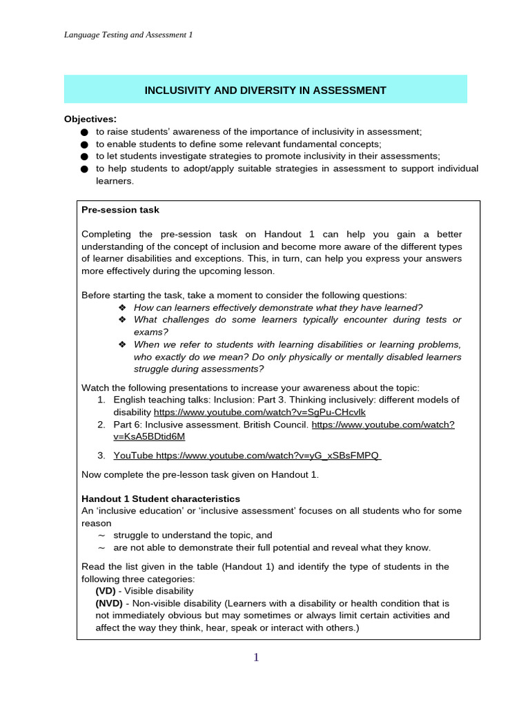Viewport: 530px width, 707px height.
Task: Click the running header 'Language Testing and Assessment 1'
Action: point(128,35)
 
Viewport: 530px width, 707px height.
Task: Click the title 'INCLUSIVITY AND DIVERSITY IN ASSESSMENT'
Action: point(265,90)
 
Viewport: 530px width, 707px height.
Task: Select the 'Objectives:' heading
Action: point(90,119)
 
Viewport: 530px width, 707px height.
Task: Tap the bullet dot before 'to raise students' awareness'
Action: point(84,132)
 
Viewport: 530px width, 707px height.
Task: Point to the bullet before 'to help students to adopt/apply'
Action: point(84,169)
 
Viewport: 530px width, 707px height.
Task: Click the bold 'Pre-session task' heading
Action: point(120,210)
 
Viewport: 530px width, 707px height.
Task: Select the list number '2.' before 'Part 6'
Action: point(101,425)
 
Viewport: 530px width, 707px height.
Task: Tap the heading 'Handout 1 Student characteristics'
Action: point(161,498)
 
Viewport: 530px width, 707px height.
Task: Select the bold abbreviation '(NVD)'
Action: point(109,603)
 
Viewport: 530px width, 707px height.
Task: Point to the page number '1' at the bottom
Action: point(256,657)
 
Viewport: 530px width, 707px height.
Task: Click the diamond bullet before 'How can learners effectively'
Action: point(122,307)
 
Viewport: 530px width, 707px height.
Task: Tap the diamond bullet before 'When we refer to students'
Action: point(122,345)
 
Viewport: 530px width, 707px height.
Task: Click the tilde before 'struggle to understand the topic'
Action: point(101,535)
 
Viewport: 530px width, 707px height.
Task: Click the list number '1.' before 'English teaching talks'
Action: point(101,400)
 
